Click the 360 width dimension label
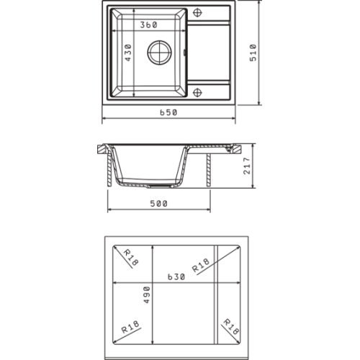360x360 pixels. coord(148,24)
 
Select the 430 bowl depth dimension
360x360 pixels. coord(128,53)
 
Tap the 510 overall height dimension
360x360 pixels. coord(253,53)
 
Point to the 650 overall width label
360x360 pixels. coord(168,112)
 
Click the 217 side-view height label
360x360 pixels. coord(247,166)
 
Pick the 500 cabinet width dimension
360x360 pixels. coord(158,204)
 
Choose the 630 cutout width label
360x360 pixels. coord(176,277)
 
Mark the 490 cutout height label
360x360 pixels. coord(147,295)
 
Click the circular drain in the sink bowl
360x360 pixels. coord(159,53)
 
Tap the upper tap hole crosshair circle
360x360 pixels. coord(197,12)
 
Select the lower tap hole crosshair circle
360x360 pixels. coord(197,92)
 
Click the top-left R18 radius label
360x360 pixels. coord(131,258)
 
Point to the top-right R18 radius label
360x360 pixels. coord(201,265)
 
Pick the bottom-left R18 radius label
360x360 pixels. coord(130,327)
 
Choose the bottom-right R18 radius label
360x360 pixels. coord(231,327)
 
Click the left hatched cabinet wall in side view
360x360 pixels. coord(109,170)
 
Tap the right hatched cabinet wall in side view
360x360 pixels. coord(209,170)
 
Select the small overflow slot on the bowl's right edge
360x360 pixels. coord(184,53)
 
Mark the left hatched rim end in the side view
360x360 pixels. coord(102,149)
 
